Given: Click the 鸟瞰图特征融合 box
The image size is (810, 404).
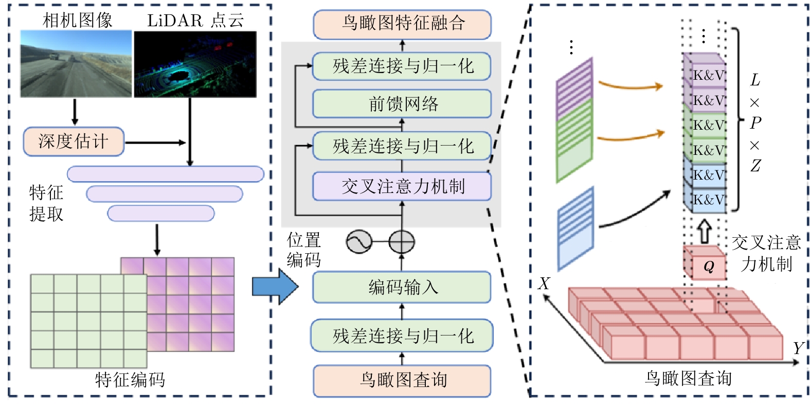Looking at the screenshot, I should [x=402, y=24].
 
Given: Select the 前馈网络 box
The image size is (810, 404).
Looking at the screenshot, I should [x=402, y=104].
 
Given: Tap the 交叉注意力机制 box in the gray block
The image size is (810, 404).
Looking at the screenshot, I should [x=402, y=186].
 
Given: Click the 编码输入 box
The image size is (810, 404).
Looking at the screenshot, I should [x=402, y=287].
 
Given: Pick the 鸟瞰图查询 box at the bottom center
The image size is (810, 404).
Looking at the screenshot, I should [x=402, y=380].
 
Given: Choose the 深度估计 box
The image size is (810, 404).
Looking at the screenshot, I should [x=74, y=142].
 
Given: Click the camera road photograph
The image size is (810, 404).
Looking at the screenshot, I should [x=76, y=64].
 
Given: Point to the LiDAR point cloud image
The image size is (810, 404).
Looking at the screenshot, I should [x=195, y=64].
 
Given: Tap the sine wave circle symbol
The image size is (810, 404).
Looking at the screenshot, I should [x=359, y=241].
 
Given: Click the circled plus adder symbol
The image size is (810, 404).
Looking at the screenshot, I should [x=402, y=241].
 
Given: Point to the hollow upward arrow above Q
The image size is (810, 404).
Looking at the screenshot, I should [x=705, y=232].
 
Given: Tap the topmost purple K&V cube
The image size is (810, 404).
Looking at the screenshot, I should [x=706, y=75].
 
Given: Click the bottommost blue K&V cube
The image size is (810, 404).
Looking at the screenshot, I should [x=706, y=199].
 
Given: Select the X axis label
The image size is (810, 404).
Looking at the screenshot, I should [x=544, y=284].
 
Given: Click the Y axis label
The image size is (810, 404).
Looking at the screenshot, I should [x=798, y=348].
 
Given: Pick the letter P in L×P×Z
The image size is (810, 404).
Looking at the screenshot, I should [x=755, y=123].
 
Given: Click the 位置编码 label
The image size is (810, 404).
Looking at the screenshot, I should [x=304, y=250].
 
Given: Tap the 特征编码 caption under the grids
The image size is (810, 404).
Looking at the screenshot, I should [x=130, y=380].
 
